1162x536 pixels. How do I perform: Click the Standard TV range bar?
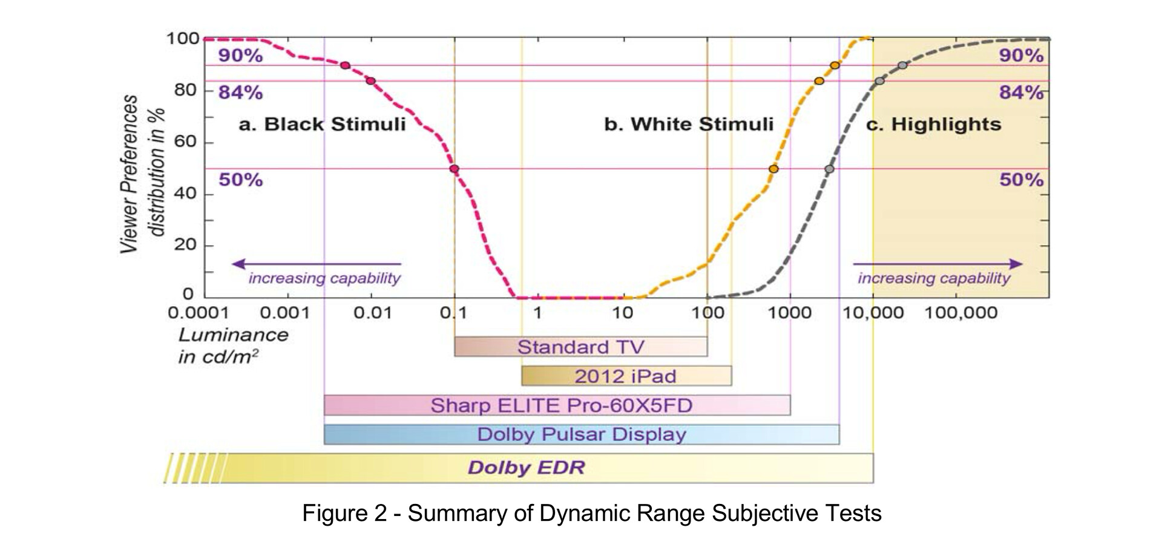click(580, 347)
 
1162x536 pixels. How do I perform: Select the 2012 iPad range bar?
click(626, 376)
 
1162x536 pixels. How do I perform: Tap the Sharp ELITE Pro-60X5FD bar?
click(557, 405)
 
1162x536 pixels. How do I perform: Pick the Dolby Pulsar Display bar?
click(581, 434)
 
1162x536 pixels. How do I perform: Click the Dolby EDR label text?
click(526, 468)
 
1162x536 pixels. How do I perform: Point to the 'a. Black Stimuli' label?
click(322, 125)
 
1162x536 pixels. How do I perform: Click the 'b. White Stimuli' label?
click(689, 125)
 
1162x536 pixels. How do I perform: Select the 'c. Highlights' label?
click(933, 125)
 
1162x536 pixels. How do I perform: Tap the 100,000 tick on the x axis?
click(960, 313)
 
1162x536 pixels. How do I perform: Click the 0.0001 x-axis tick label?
click(199, 313)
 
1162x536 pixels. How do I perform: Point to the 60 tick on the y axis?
click(186, 142)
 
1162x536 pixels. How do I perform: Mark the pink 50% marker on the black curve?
click(454, 169)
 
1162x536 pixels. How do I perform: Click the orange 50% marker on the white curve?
click(773, 169)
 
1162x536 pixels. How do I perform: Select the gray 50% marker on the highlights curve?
click(829, 169)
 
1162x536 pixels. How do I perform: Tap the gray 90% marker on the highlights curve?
click(902, 65)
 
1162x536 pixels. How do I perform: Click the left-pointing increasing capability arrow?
click(316, 264)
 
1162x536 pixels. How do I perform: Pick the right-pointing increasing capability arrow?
click(937, 264)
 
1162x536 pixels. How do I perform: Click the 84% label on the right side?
click(1021, 93)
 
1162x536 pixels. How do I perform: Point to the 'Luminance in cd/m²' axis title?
click(233, 345)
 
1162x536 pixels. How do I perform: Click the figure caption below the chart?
click(591, 513)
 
